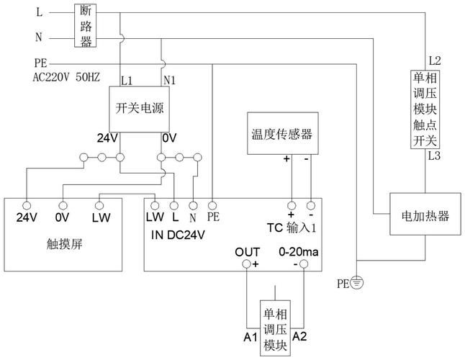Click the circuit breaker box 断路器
click(x=86, y=26)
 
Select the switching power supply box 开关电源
click(x=140, y=107)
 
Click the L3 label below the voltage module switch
click(x=435, y=155)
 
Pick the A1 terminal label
click(x=250, y=336)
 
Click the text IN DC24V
click(x=178, y=234)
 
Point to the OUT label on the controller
click(x=247, y=251)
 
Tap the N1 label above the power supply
click(x=170, y=79)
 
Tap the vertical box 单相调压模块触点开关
click(x=425, y=107)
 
